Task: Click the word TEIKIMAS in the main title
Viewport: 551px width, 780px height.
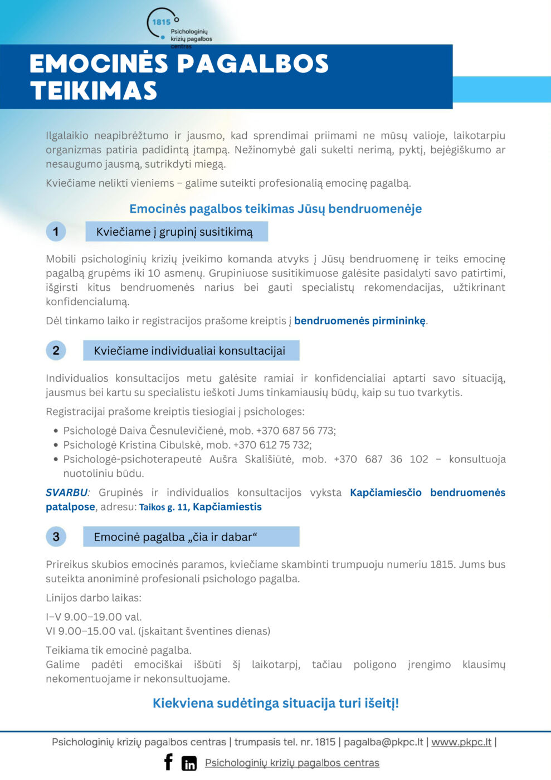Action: pyautogui.click(x=94, y=91)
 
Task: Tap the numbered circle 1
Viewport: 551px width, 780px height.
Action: pyautogui.click(x=56, y=232)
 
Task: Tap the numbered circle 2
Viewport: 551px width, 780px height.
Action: pyautogui.click(x=56, y=350)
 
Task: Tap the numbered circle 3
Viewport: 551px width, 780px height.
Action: pyautogui.click(x=56, y=537)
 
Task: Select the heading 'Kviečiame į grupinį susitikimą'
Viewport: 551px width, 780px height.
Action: pyautogui.click(x=176, y=232)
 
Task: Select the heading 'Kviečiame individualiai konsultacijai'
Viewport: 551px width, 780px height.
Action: pyautogui.click(x=190, y=350)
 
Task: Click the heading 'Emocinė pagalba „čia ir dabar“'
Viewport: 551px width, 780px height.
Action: pyautogui.click(x=190, y=537)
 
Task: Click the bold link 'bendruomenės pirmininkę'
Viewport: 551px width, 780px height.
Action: pyautogui.click(x=360, y=321)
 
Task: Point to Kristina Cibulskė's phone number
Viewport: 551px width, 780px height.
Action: pyautogui.click(x=272, y=445)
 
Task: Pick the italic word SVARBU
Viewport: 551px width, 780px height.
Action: pyautogui.click(x=67, y=493)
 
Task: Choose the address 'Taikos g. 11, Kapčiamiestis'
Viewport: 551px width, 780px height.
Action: pyautogui.click(x=200, y=507)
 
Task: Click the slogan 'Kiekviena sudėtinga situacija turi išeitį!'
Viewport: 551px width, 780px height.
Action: pyautogui.click(x=276, y=703)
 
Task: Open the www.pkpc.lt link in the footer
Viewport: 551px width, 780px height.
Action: pyautogui.click(x=461, y=742)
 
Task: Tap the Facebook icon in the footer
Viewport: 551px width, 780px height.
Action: pyautogui.click(x=168, y=762)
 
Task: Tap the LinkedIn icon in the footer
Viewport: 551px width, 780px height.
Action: pyautogui.click(x=189, y=763)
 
